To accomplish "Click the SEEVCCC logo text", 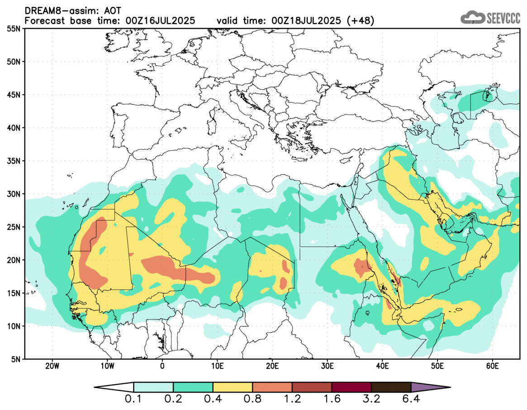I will (x=503, y=19).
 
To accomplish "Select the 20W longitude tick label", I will (x=52, y=366).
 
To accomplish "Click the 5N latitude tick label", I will (x=15, y=359).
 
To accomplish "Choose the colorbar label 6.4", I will (x=411, y=400).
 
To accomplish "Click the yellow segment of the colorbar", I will (x=233, y=387).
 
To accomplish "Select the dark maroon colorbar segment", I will (x=351, y=387).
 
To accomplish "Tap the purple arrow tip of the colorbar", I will (x=430, y=387).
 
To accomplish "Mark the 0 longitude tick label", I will (x=162, y=366).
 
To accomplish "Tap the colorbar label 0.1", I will (x=134, y=400).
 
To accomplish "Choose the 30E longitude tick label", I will (x=327, y=366).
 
